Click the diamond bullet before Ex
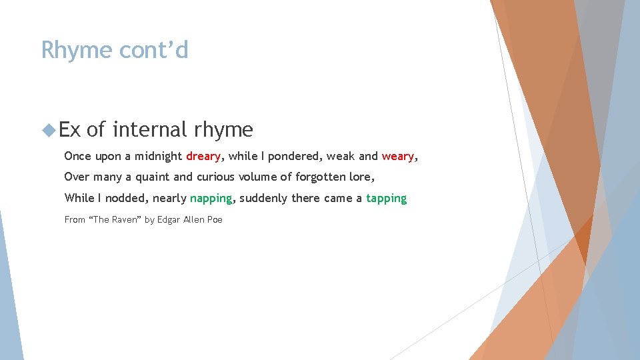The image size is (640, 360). [x=48, y=129]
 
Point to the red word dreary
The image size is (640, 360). [x=203, y=157]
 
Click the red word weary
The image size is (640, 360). [x=398, y=157]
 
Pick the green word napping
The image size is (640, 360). [x=211, y=199]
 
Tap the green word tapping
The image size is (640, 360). [x=386, y=199]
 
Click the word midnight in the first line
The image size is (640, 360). [x=158, y=157]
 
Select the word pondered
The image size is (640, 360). [x=295, y=157]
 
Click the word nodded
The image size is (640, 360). [x=127, y=199]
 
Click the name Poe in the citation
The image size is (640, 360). [x=215, y=219]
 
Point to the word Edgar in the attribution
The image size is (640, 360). [x=169, y=219]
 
